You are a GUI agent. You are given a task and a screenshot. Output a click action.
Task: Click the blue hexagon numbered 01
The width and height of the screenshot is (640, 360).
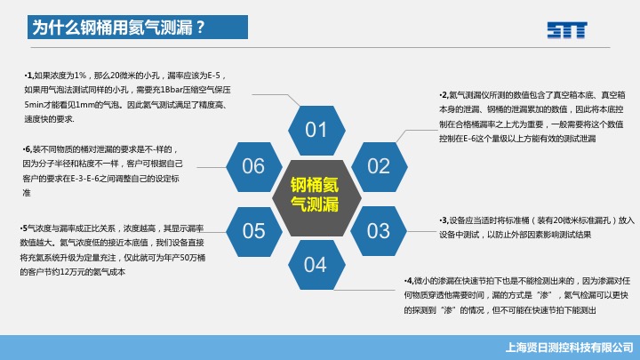coord(316,130)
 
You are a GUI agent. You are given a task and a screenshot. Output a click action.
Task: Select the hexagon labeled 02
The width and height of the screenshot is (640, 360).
coord(380,166)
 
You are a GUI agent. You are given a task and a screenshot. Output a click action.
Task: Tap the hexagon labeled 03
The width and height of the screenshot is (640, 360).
coord(379,231)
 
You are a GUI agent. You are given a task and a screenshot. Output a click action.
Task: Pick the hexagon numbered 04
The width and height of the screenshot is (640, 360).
coord(316,265)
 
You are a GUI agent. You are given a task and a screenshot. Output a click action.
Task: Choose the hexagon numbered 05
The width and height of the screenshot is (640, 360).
coord(254,231)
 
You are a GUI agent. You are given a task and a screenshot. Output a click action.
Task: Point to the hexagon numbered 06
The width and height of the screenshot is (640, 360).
coord(254,166)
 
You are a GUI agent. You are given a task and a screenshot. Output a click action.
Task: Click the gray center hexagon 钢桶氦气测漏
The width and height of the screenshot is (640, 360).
coord(316,198)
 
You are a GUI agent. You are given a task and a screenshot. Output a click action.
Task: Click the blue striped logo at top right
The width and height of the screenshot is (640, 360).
coord(567,30)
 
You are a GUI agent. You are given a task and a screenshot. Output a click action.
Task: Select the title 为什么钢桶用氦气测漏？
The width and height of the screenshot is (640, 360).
coord(118,28)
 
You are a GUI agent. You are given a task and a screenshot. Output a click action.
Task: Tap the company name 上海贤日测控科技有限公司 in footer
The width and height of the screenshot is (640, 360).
coord(570,348)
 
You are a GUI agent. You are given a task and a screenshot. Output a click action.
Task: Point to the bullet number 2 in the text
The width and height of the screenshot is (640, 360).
coord(444,95)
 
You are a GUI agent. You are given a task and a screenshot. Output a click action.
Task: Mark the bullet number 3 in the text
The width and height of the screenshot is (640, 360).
coord(444,220)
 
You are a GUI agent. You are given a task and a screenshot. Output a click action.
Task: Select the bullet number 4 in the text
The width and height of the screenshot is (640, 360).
coord(410,281)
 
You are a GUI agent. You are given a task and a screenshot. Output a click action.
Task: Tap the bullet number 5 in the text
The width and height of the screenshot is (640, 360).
coord(25,228)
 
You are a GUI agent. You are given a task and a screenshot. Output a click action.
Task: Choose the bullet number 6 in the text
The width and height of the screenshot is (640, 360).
coord(28,149)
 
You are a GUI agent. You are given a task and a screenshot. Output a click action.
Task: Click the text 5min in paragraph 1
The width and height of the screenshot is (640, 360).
coord(33,105)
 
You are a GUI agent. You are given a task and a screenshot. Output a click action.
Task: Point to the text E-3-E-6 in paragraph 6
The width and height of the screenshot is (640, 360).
coord(85,179)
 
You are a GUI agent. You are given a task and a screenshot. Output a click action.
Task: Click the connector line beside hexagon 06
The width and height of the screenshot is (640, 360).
coord(212,167)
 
